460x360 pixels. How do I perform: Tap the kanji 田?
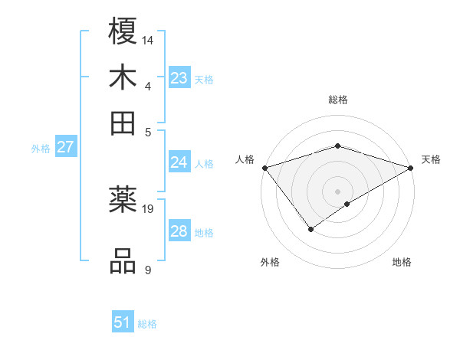123,123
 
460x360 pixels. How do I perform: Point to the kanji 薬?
123,201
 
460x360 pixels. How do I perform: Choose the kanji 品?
123,260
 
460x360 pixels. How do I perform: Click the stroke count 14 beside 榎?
149,39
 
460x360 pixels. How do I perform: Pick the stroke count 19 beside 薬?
149,208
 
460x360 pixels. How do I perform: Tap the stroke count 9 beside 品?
147,270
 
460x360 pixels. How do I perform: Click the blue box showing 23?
179,78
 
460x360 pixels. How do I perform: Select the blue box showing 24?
179,162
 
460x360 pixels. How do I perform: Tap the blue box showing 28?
179,231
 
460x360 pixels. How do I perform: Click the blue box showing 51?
123,322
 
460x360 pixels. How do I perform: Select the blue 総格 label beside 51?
147,324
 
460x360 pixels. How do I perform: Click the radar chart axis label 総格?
338,100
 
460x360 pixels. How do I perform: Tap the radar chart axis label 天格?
431,159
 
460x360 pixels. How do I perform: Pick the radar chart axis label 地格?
402,262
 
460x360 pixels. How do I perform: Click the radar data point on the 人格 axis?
264,168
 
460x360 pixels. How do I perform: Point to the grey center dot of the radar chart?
337,191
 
